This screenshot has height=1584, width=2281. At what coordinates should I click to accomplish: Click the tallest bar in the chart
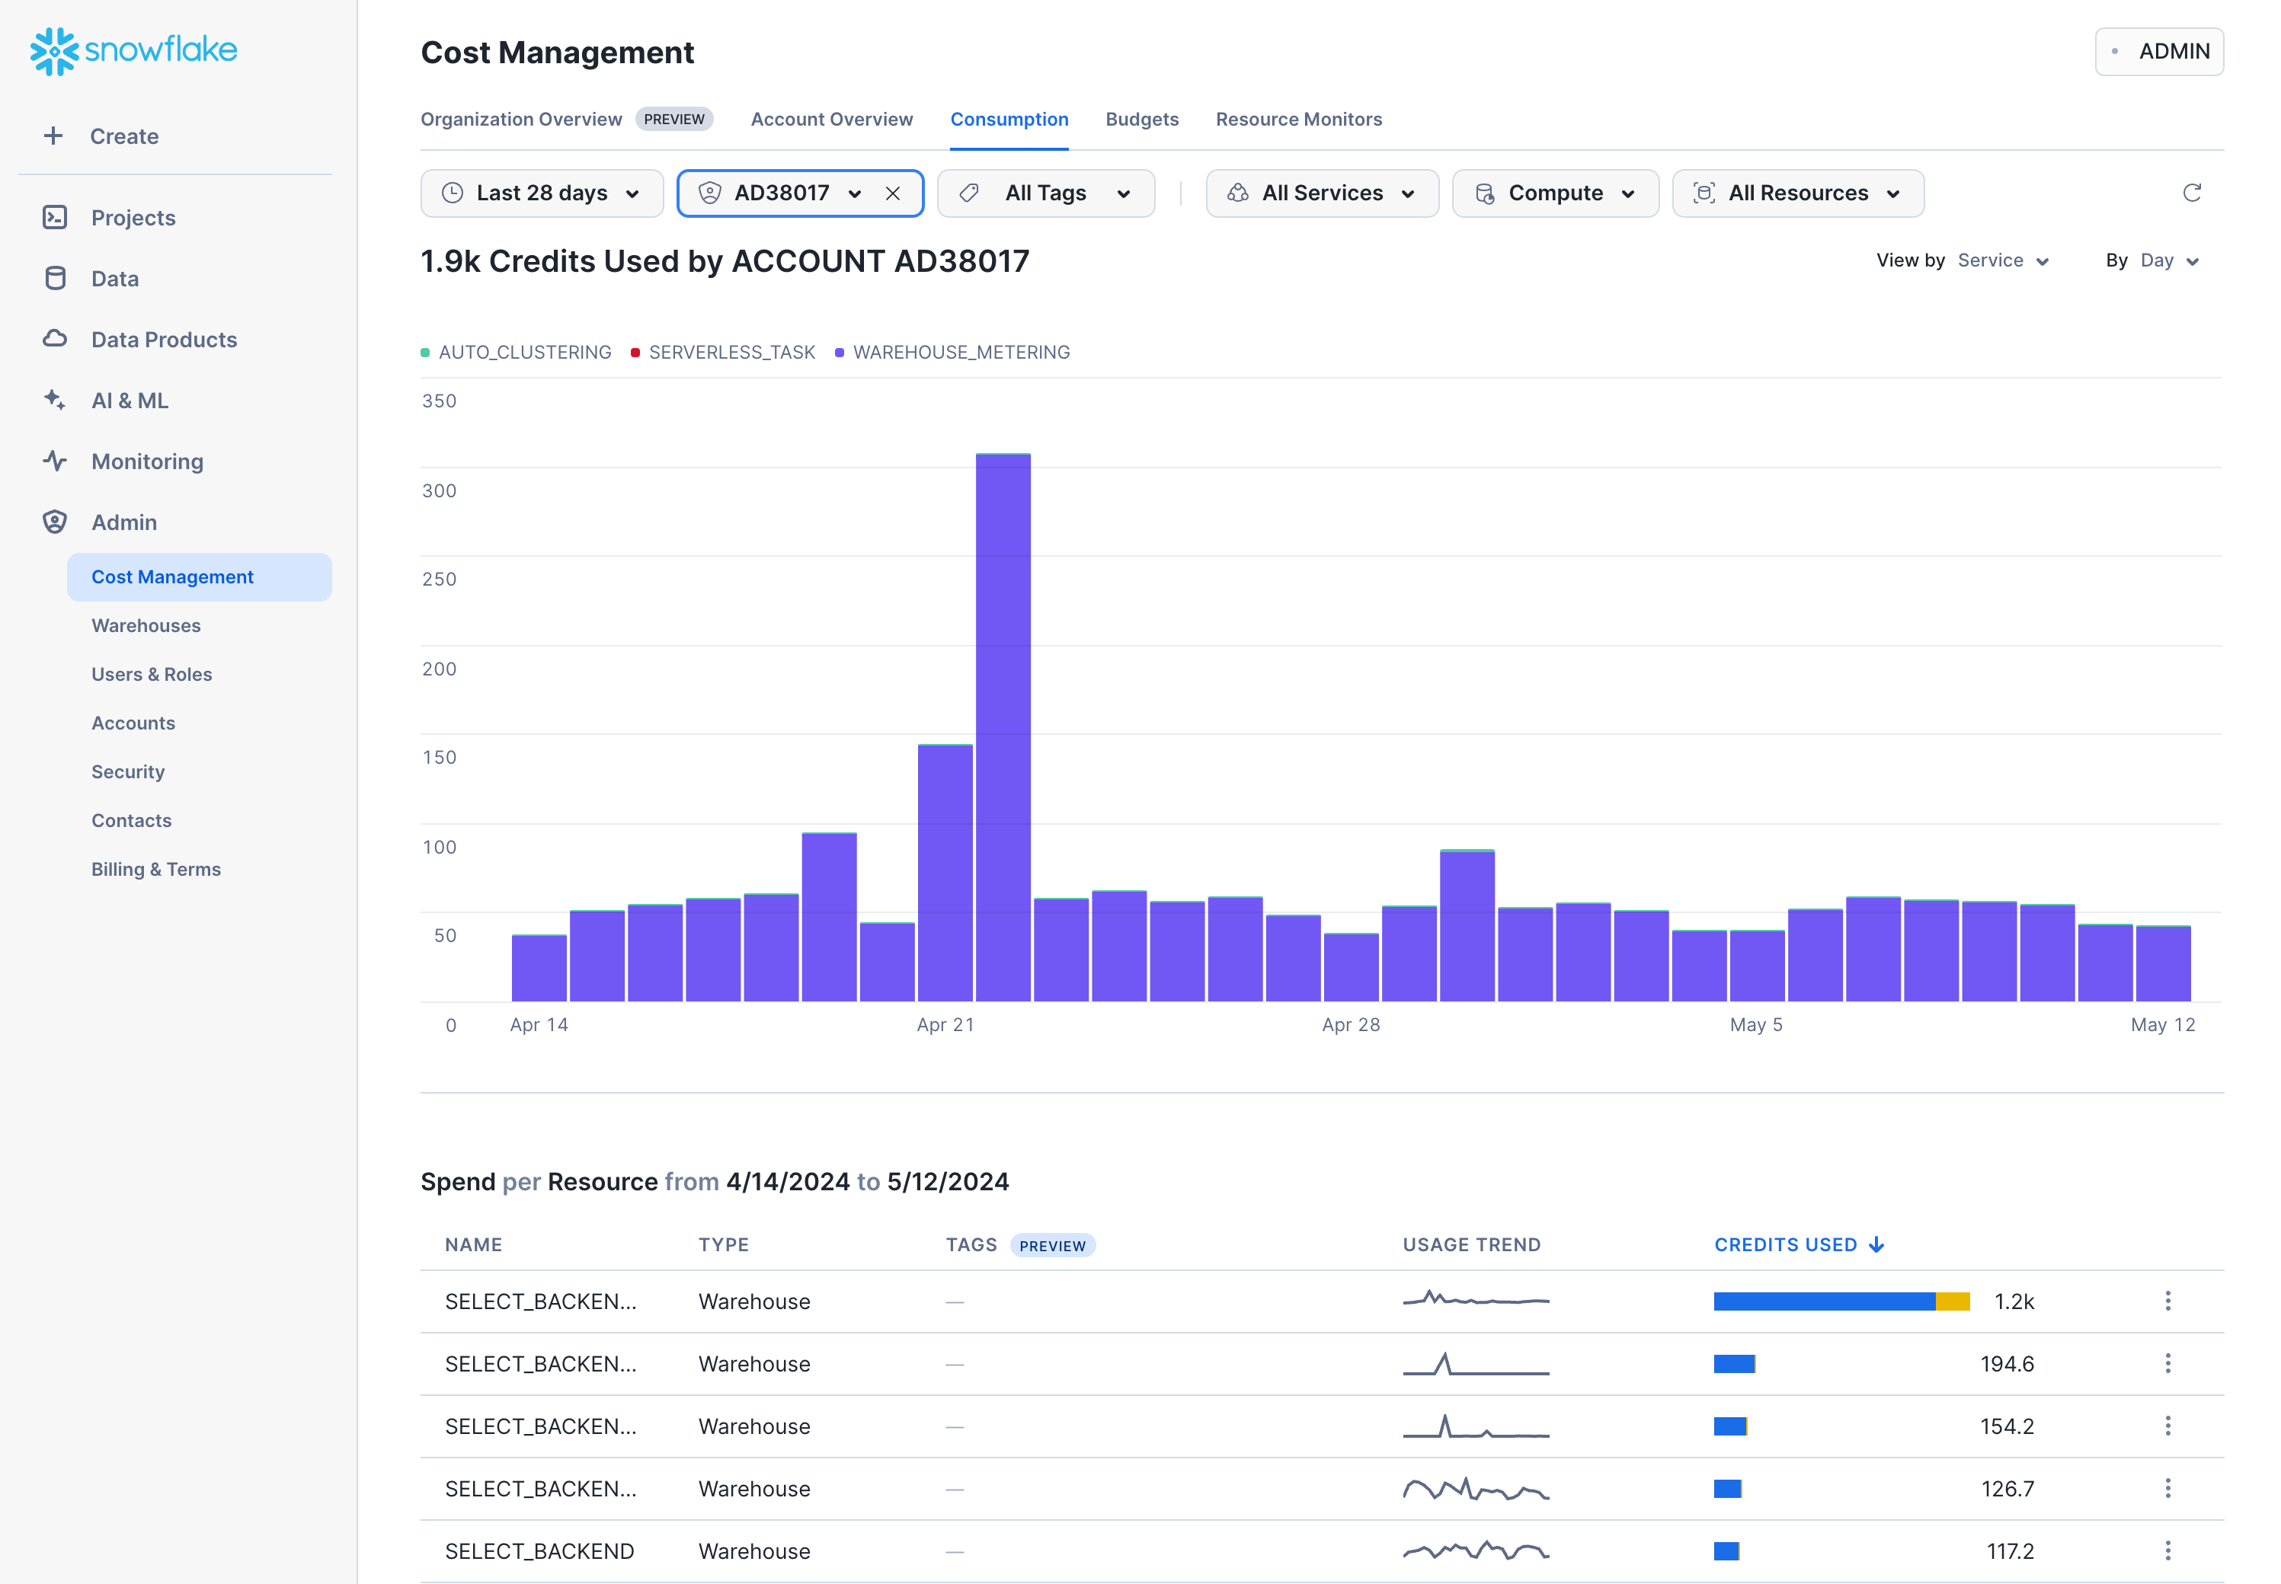[1003, 727]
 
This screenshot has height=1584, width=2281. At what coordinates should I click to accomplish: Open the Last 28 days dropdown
[541, 193]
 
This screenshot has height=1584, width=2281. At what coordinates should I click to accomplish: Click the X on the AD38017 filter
[892, 193]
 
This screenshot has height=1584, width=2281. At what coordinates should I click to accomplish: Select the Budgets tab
[1141, 119]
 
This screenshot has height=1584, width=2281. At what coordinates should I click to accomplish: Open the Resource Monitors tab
[1298, 119]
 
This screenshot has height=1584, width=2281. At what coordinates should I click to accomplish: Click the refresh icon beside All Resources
[2192, 193]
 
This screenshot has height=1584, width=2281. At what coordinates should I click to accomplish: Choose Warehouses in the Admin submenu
[146, 625]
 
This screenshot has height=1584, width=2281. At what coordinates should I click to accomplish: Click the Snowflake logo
[134, 49]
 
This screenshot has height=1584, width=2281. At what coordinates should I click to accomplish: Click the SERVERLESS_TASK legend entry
[731, 353]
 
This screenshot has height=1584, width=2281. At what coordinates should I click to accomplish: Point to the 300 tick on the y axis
[439, 490]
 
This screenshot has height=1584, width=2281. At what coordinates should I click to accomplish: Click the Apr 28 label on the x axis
[1350, 1024]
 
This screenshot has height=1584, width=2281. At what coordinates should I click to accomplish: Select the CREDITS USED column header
[1785, 1244]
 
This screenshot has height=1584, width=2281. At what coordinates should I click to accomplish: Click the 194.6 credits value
[2006, 1364]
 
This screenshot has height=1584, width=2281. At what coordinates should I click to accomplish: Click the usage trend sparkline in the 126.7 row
[1475, 1489]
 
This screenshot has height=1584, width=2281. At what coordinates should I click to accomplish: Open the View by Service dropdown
[2001, 260]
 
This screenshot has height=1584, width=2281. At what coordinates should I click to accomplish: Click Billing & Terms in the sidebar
[156, 870]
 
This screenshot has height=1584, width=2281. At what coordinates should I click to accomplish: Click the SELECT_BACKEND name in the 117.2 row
[539, 1551]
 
